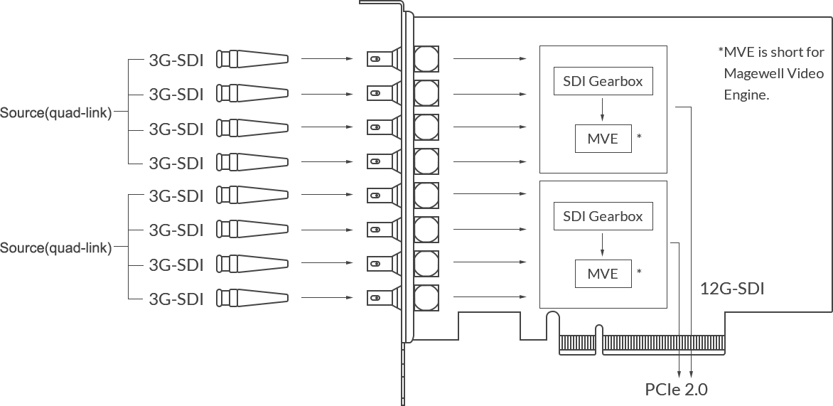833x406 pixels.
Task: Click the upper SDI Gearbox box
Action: click(602, 81)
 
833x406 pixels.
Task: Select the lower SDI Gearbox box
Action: click(602, 216)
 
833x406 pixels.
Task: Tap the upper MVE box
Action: click(603, 138)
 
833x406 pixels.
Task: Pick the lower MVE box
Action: click(603, 273)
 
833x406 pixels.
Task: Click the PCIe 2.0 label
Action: click(676, 389)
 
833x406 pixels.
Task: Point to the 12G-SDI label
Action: click(731, 289)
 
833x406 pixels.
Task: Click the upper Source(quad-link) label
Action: click(56, 113)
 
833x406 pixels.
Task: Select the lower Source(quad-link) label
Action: click(56, 248)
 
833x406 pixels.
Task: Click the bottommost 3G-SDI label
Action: click(176, 299)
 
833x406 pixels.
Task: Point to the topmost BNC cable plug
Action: click(252, 60)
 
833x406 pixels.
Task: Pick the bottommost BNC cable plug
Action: click(252, 299)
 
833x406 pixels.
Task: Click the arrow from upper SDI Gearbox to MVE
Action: click(602, 109)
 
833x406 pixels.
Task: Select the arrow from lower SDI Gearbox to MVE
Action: click(602, 244)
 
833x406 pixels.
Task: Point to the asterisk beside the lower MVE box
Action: click(640, 272)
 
